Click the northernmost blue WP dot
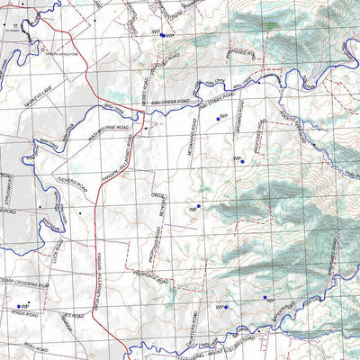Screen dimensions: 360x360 162,35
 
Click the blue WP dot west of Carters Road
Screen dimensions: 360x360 227,308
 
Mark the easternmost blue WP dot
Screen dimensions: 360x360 265,298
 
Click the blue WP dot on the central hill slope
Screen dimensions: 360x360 242,161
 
